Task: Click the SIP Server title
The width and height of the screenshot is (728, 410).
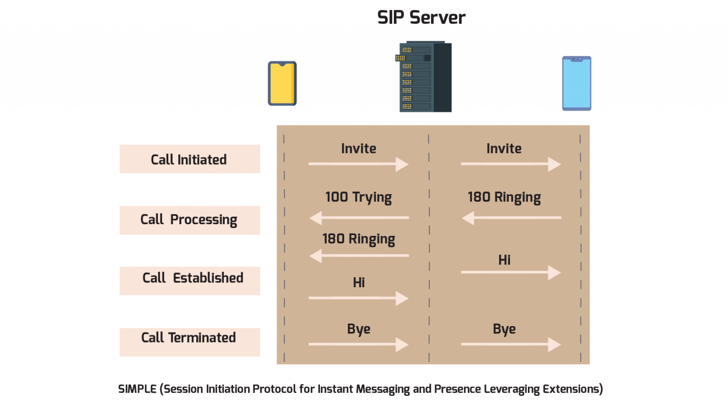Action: [x=421, y=18]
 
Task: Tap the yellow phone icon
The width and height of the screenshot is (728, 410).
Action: [x=282, y=83]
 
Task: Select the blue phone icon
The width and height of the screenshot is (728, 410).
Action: [x=576, y=83]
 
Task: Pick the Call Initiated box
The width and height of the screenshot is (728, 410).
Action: [x=190, y=159]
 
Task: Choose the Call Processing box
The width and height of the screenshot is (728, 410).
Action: [x=190, y=220]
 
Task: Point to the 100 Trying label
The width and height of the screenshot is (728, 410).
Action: [x=358, y=197]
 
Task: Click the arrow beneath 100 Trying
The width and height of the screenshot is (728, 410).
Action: [x=359, y=218]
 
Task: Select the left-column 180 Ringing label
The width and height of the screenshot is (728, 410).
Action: [x=358, y=239]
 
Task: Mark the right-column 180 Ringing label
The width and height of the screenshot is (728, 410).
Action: [x=504, y=197]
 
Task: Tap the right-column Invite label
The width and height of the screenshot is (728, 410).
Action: [x=504, y=148]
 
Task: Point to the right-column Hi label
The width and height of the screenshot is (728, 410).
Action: [x=504, y=260]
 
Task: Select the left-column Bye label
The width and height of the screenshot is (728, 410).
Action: [x=358, y=329]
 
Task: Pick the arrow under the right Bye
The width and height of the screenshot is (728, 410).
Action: [x=511, y=345]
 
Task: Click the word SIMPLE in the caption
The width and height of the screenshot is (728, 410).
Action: [x=137, y=389]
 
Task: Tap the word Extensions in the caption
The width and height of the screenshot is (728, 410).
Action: [x=572, y=389]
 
